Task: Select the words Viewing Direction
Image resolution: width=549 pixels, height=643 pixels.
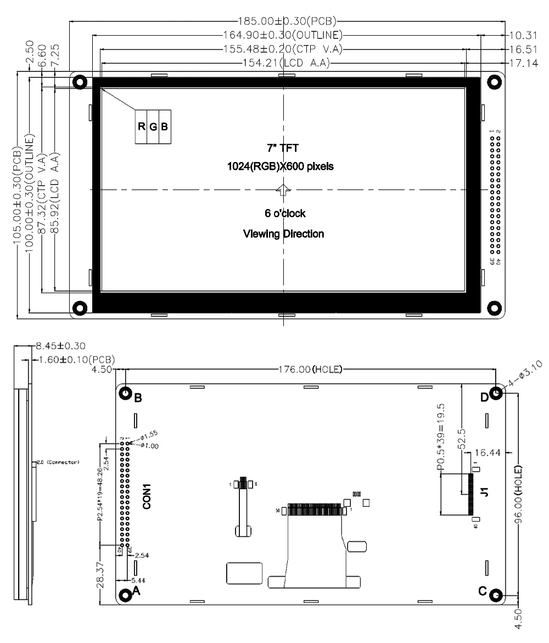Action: (283, 234)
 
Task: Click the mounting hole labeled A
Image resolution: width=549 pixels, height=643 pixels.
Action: (125, 594)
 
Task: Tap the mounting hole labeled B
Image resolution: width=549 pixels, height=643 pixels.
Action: (125, 394)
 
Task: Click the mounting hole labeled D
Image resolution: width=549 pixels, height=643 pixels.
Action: (496, 394)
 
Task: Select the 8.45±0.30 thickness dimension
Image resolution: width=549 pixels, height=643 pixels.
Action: (54, 346)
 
